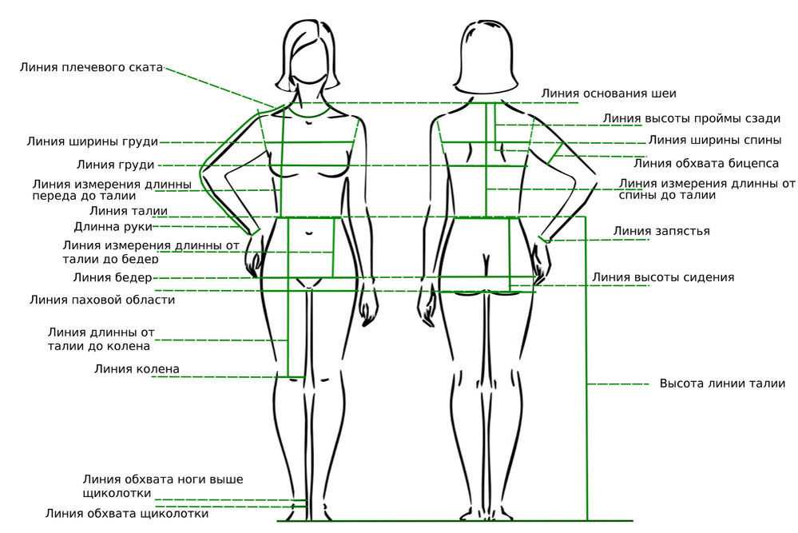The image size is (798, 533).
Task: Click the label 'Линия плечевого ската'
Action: pyautogui.click(x=91, y=67)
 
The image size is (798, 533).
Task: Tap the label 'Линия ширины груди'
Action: pyautogui.click(x=93, y=141)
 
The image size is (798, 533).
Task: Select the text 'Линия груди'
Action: pyautogui.click(x=116, y=165)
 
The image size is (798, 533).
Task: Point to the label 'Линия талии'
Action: pyautogui.click(x=129, y=211)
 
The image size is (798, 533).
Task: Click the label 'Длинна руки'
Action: pyautogui.click(x=113, y=226)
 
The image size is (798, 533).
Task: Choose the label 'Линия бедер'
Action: pyautogui.click(x=113, y=277)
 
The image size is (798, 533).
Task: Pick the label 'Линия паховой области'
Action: pyautogui.click(x=102, y=300)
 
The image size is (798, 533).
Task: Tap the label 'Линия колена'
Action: pyautogui.click(x=137, y=368)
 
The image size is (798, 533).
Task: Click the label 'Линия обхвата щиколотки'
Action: pyautogui.click(x=127, y=513)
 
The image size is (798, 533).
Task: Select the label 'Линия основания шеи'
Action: pyautogui.click(x=609, y=93)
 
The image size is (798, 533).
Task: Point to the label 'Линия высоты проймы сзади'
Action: pyautogui.click(x=692, y=118)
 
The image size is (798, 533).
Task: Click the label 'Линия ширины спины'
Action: pyautogui.click(x=715, y=140)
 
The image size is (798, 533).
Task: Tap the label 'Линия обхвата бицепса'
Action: pyautogui.click(x=706, y=163)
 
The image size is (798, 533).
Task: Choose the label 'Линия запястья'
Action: pyautogui.click(x=661, y=231)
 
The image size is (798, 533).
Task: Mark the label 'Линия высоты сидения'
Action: pyautogui.click(x=663, y=277)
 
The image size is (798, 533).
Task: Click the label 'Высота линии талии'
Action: pyautogui.click(x=722, y=384)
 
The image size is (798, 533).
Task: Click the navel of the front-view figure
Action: pyautogui.click(x=309, y=233)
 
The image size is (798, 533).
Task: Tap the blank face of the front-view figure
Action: pyautogui.click(x=308, y=61)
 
